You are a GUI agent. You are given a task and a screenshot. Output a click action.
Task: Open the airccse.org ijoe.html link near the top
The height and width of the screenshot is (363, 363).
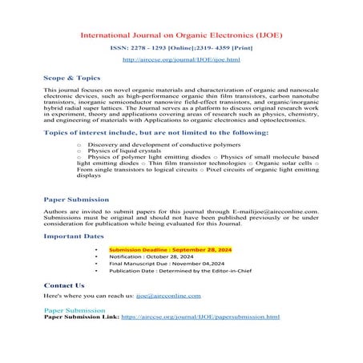(181, 60)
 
